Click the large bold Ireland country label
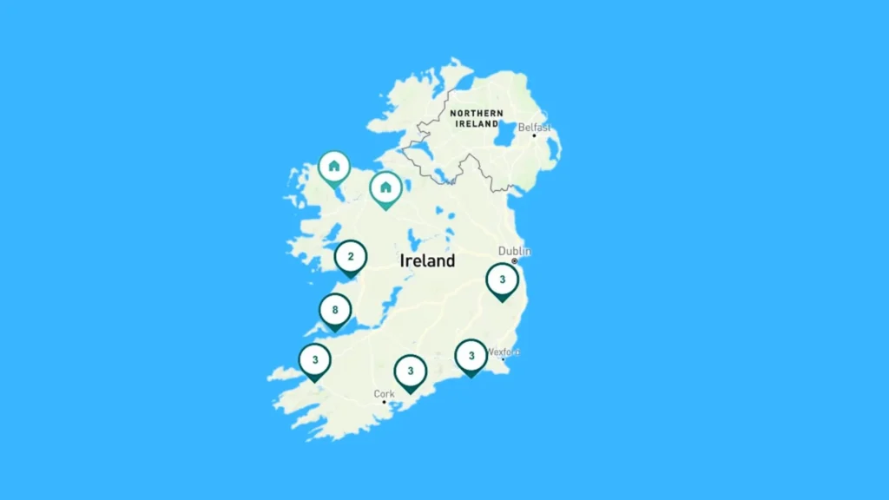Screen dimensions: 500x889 tap(427, 260)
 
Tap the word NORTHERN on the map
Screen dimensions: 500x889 tap(476, 114)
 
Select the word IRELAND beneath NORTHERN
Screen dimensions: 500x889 tap(477, 124)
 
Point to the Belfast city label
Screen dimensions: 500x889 tap(534, 127)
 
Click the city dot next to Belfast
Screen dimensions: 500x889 tap(534, 135)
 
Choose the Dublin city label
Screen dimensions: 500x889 tap(513, 251)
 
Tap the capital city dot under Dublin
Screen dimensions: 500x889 tap(514, 260)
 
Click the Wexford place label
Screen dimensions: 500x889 tap(503, 352)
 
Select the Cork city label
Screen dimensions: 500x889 tap(384, 393)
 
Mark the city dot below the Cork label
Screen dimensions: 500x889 tap(384, 402)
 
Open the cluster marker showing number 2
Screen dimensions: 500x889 tap(351, 257)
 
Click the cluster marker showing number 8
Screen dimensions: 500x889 tap(335, 310)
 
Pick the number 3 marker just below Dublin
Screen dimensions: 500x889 tap(502, 280)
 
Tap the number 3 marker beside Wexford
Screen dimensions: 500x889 tap(471, 355)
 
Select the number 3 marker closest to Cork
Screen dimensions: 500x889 tap(411, 372)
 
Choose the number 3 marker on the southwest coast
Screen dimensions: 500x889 tap(314, 360)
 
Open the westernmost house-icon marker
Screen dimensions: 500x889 tap(334, 167)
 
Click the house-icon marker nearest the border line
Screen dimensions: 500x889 tap(385, 187)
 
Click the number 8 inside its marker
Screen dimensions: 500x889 tap(335, 309)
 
